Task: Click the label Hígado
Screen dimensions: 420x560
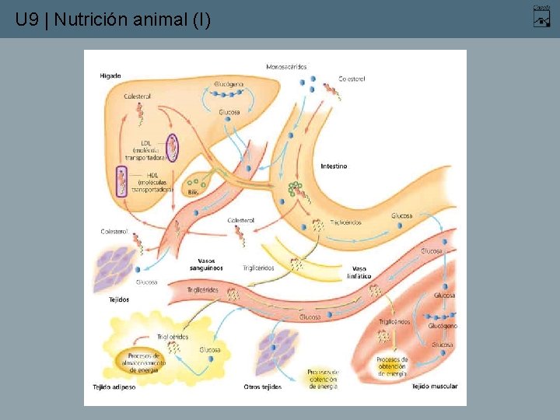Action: pyautogui.click(x=110, y=75)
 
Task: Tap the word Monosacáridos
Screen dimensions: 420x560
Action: pyautogui.click(x=286, y=67)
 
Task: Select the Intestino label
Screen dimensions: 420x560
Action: pyautogui.click(x=334, y=166)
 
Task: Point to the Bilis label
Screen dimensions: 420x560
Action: pyautogui.click(x=193, y=191)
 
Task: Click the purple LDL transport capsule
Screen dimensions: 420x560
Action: pyautogui.click(x=173, y=147)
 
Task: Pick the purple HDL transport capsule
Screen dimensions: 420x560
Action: pyautogui.click(x=121, y=180)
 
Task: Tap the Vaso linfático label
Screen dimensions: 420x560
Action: pyautogui.click(x=359, y=272)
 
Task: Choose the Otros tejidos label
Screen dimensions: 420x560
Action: pyautogui.click(x=262, y=387)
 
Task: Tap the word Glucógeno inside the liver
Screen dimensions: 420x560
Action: pyautogui.click(x=229, y=83)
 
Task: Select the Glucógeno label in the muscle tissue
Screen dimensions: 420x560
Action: pyautogui.click(x=443, y=327)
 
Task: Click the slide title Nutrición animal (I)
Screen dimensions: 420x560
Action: pyautogui.click(x=113, y=19)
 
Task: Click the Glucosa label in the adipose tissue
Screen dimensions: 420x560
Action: pyautogui.click(x=209, y=350)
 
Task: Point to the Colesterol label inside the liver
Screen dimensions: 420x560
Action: pyautogui.click(x=138, y=96)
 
